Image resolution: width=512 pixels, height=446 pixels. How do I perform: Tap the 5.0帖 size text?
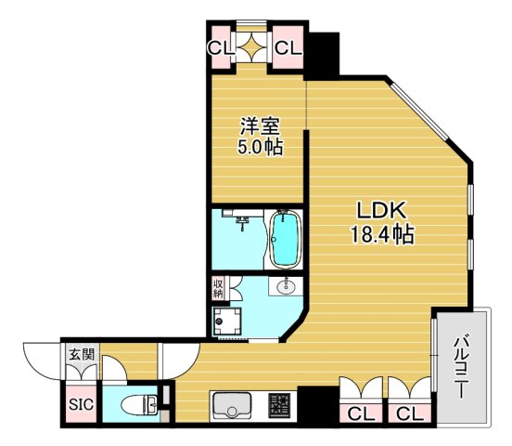click(258, 147)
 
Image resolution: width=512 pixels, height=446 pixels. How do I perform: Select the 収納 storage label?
click(218, 288)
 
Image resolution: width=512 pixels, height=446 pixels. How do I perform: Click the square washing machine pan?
click(228, 322)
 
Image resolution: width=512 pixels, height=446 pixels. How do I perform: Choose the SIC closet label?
click(79, 405)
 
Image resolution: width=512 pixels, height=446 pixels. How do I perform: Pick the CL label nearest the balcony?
click(407, 413)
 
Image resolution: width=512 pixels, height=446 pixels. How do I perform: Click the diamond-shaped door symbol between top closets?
click(251, 47)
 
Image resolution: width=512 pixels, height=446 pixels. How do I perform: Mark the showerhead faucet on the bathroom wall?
click(242, 220)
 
